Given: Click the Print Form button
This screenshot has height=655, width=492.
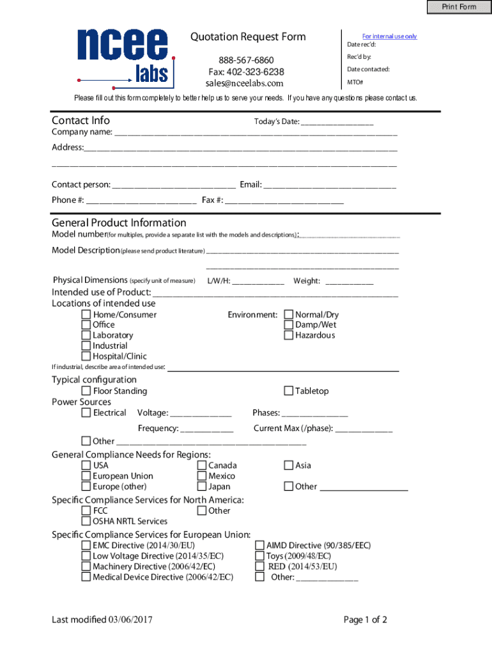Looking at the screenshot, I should click(x=459, y=7).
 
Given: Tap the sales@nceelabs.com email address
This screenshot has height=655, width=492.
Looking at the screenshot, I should click(x=244, y=83).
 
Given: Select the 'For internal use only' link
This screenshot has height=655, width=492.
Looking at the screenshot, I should click(x=389, y=36).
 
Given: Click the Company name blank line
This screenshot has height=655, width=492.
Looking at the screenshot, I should click(x=255, y=133).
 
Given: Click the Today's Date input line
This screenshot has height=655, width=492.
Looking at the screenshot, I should click(x=337, y=122).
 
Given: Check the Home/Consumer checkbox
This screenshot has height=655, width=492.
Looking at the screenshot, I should click(x=86, y=315).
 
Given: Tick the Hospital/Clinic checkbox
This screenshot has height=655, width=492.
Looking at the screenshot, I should click(x=86, y=356).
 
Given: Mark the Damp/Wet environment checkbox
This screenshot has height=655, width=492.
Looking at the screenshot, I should click(x=289, y=325).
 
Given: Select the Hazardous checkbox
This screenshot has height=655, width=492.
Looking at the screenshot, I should click(x=289, y=335).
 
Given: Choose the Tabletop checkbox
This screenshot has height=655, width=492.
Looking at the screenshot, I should click(x=289, y=391).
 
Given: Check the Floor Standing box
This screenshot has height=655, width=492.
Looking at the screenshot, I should click(x=86, y=391).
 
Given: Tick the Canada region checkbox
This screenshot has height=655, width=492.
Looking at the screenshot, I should click(x=202, y=466).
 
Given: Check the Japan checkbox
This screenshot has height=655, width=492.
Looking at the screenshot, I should click(x=202, y=487).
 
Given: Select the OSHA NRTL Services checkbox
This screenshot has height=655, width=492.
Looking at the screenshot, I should click(x=86, y=521).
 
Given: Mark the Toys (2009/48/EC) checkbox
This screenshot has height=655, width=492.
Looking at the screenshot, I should click(x=260, y=556).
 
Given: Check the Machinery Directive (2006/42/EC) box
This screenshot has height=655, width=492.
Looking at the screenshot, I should click(x=86, y=567).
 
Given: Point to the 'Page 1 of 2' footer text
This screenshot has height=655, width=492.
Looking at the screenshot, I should click(x=365, y=619).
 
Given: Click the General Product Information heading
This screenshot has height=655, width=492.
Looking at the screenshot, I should click(x=119, y=223).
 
